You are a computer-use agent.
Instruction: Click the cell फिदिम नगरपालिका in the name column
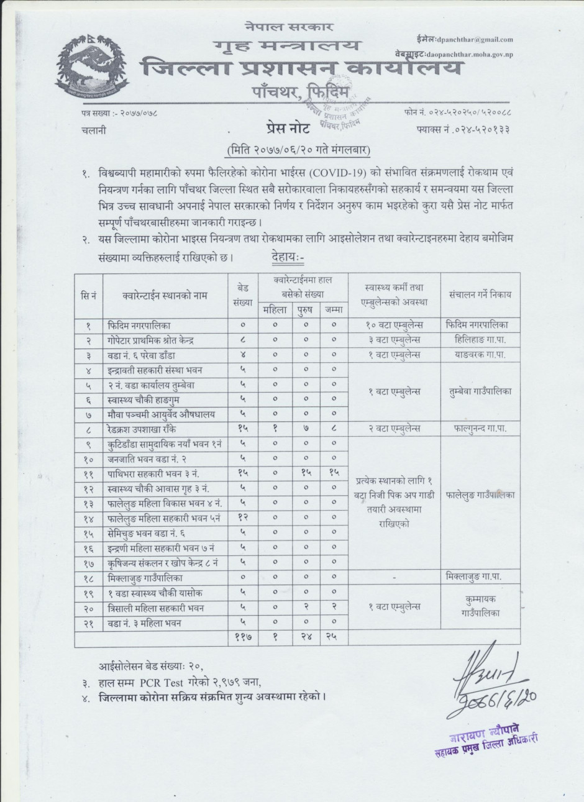tap(147, 325)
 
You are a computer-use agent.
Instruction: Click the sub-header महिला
tap(274, 309)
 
